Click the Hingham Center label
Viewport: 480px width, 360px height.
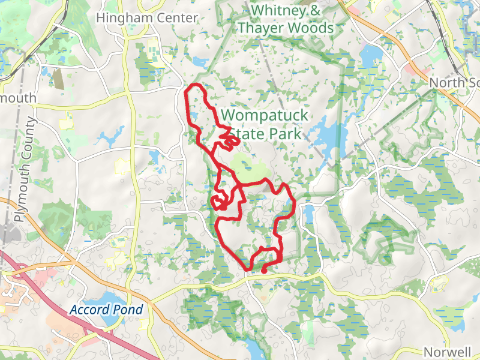tap(147, 18)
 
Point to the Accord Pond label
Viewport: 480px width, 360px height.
tap(106, 310)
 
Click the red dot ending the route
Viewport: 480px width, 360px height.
tap(265, 271)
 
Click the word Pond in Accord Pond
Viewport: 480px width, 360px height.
tap(129, 310)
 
